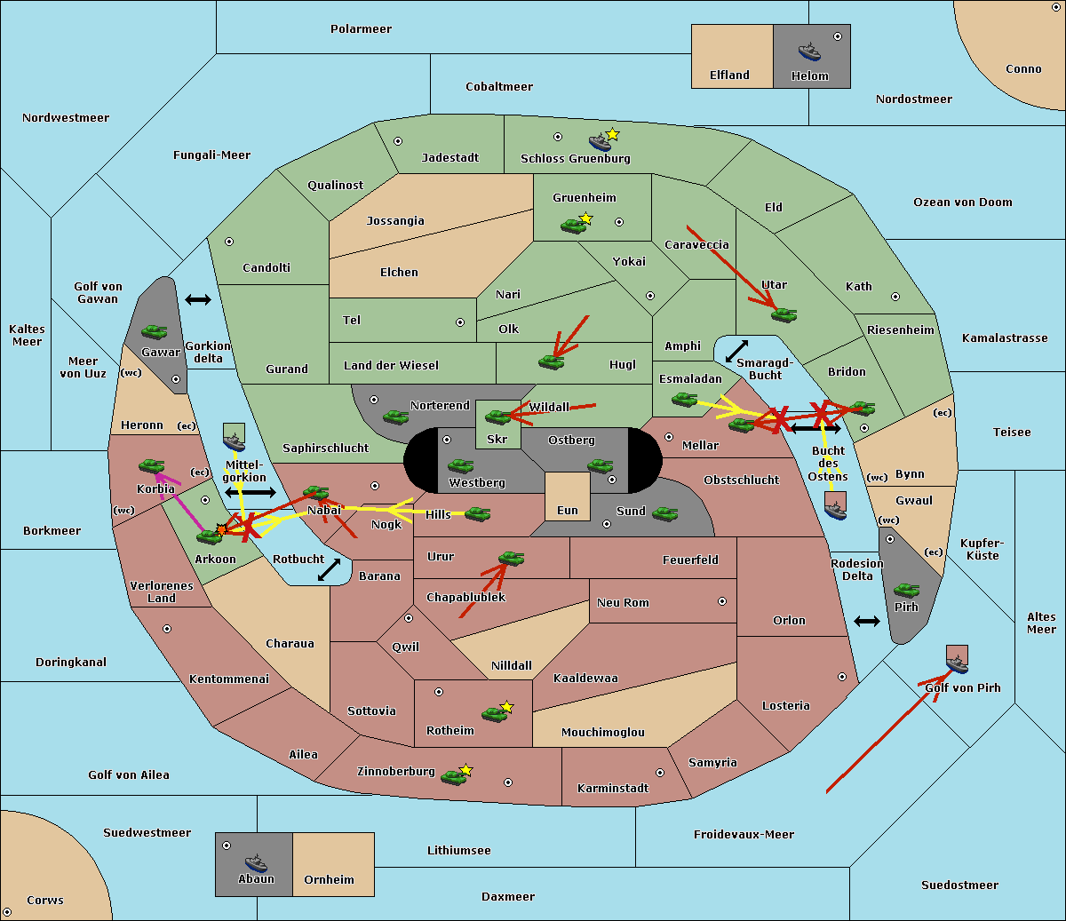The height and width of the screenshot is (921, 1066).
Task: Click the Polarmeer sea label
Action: coord(361,29)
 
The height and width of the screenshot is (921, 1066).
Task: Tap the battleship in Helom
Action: coord(809,52)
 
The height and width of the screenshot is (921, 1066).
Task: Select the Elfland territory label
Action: coord(729,75)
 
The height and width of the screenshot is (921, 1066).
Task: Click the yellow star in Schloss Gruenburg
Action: coord(612,134)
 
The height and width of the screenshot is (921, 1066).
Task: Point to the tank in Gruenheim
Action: coord(573,226)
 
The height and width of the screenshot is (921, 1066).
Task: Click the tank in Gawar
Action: coord(155,331)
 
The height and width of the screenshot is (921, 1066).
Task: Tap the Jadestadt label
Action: coord(449,158)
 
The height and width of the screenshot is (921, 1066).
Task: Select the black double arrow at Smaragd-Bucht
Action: coord(736,352)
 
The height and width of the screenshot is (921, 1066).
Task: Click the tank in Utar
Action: coord(784,314)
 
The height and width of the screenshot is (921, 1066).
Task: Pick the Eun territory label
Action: coord(568,511)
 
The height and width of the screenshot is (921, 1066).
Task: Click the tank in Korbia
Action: coord(152,466)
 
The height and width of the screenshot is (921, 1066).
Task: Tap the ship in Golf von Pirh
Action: coord(957,663)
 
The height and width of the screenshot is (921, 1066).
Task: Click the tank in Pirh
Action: coord(906,590)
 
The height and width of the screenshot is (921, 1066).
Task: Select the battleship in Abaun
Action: coord(256,862)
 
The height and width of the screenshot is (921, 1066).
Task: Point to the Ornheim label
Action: coord(329,880)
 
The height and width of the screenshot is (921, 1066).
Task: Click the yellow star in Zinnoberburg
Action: coord(465,770)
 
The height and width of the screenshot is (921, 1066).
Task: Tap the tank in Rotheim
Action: coord(494,713)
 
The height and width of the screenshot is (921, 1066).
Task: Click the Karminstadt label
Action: coord(613,789)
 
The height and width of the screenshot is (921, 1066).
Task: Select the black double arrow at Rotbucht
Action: coord(329,570)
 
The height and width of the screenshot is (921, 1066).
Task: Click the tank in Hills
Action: coord(478,513)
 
